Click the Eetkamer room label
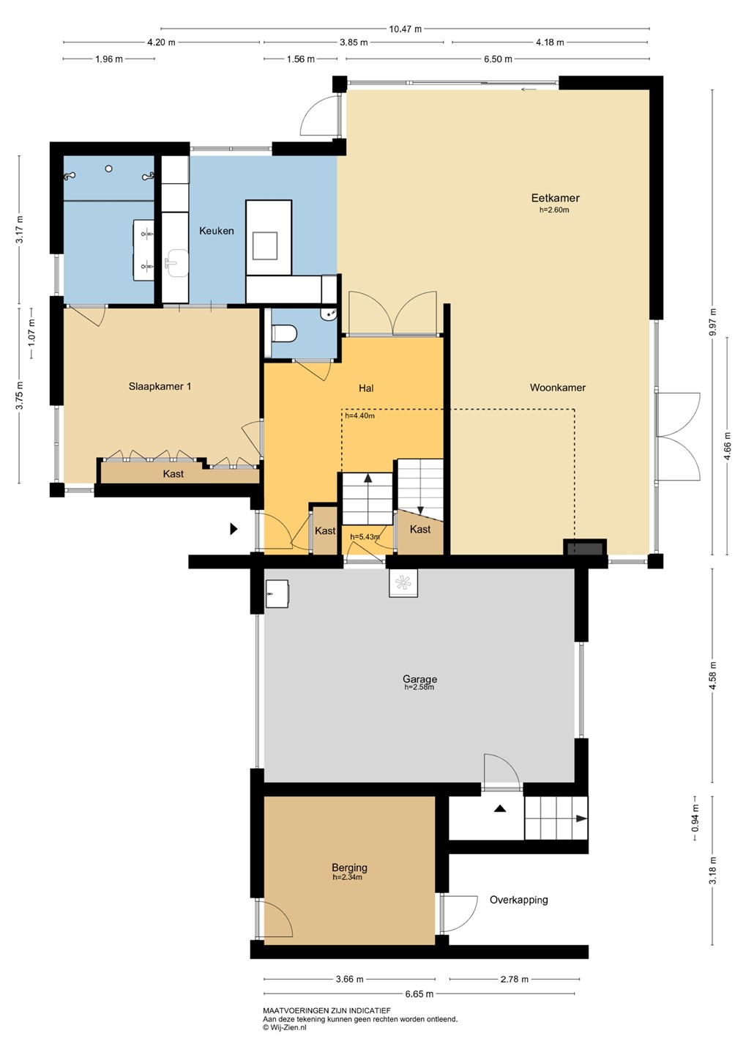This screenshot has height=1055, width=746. (x=555, y=198)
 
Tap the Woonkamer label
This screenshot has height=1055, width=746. (x=558, y=388)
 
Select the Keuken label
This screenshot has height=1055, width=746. (x=217, y=231)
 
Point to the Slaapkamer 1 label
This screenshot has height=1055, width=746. (x=160, y=387)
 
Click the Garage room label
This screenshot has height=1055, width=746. (x=419, y=678)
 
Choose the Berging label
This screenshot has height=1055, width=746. (x=349, y=867)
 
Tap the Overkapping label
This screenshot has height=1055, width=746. (x=518, y=900)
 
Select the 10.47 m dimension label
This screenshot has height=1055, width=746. (x=406, y=29)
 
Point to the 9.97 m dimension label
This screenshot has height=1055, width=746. (x=714, y=322)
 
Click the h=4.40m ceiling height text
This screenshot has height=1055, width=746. (x=359, y=416)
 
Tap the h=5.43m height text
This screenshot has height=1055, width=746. (x=365, y=536)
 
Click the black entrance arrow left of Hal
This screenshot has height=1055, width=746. (x=234, y=529)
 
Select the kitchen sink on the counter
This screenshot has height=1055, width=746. (x=176, y=263)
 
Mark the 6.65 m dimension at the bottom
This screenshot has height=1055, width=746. (x=419, y=994)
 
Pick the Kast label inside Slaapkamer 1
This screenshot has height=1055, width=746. (x=174, y=474)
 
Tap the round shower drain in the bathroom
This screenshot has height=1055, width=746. (x=109, y=169)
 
